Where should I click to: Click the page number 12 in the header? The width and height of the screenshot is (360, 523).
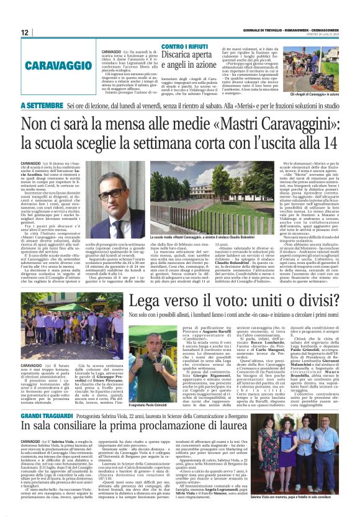(x=25, y=32)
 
